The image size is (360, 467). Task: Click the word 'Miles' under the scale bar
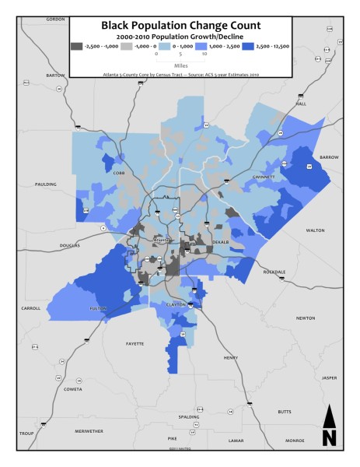click(180, 66)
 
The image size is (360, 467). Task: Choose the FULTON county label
click(98, 308)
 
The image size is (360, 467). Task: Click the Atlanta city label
click(162, 241)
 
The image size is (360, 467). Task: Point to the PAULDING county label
click(46, 184)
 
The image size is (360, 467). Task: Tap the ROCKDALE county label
click(274, 272)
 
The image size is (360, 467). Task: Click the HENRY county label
click(231, 357)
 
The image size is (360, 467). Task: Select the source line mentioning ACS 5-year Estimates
click(180, 73)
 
